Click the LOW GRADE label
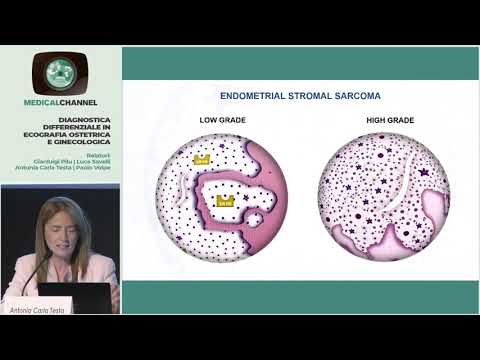pos(222,120)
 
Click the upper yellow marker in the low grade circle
pos(203,159)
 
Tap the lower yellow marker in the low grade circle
pos(225,200)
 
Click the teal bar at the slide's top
pos(300,62)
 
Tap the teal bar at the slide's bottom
pos(300,298)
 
